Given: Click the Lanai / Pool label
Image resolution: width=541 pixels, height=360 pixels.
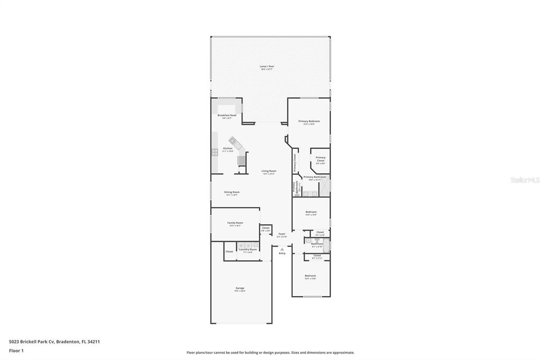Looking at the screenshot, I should coord(267,67).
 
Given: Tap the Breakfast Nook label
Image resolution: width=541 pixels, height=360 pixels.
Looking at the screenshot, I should coord(227,115).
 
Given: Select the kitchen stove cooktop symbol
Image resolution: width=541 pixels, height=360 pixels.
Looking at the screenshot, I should coord(215,152).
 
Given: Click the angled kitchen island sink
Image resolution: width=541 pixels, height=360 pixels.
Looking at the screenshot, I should coord(233,142).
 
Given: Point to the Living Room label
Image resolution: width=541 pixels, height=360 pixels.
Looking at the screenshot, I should coord(268,171).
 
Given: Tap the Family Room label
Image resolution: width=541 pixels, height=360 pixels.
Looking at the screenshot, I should coord(235,223).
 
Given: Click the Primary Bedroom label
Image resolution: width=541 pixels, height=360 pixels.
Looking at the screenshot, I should coord(309,121).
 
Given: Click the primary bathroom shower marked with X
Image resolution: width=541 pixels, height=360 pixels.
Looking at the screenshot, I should coord(325,186).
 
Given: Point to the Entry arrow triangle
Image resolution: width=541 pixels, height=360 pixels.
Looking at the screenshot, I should coord(282,249).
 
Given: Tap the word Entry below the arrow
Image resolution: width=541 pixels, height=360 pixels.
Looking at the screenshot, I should coord(282,253).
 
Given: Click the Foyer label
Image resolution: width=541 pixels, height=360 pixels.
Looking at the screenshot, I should coord(282,234).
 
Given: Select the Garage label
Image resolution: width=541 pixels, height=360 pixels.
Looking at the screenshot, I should coord(240,288).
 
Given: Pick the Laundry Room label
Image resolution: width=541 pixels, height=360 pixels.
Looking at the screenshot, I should coord(248,249).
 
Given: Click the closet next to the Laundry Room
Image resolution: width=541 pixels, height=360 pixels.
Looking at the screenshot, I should coord(229,251).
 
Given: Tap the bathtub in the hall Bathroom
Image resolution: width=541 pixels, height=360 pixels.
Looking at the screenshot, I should coord(327,244).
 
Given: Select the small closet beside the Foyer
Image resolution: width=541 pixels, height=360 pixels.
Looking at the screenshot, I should coord(265,229).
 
